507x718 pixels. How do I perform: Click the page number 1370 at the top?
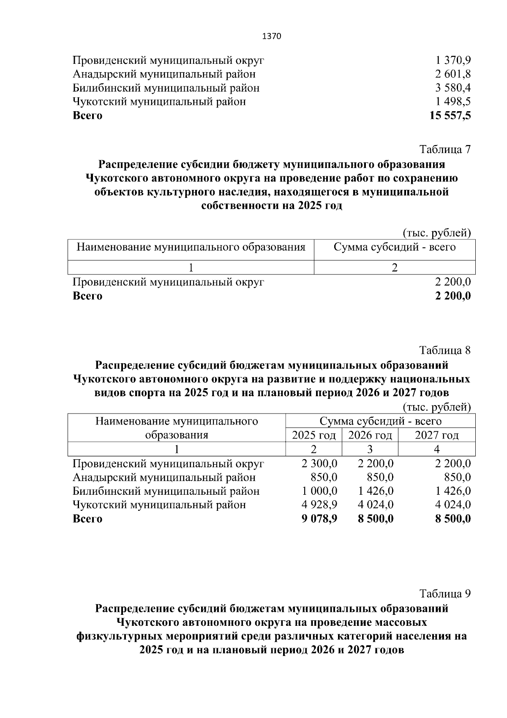(x=272, y=36)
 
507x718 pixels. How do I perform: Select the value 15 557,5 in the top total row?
(x=450, y=115)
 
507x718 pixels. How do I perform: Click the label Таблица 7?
(x=444, y=149)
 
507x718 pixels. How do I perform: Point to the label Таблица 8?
(x=444, y=351)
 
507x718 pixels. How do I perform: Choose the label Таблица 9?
(x=444, y=594)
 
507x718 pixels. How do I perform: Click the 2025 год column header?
(x=314, y=435)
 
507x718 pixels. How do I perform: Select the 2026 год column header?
(x=370, y=435)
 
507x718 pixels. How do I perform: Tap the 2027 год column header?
(x=437, y=435)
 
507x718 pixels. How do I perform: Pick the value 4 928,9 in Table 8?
(x=319, y=505)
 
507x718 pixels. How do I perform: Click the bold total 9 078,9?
(x=319, y=519)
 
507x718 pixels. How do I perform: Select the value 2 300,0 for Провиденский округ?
(x=319, y=464)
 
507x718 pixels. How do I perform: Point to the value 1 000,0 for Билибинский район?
(x=319, y=491)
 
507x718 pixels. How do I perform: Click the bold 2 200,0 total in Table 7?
(x=453, y=296)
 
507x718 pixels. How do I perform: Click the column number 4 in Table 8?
(x=437, y=449)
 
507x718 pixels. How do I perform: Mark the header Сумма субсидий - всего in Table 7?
(x=395, y=247)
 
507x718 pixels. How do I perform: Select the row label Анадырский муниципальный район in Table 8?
(x=164, y=478)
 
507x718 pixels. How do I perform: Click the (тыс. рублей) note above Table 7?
(x=437, y=233)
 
